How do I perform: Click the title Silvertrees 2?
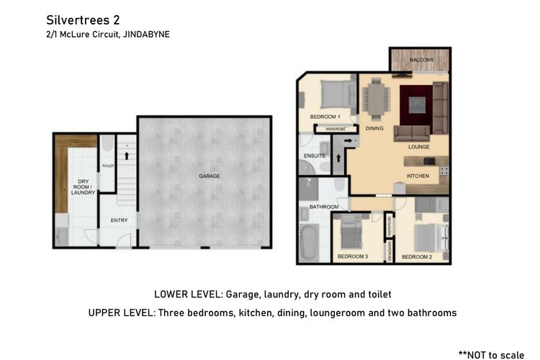[83, 20]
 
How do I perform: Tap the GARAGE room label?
[210, 176]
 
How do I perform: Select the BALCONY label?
[421, 60]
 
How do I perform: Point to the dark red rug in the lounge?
[416, 105]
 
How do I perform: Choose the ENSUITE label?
[315, 156]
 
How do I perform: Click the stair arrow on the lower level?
[127, 156]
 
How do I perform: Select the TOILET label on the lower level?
[108, 166]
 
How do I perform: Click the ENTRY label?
[119, 220]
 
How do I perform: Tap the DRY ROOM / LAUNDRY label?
[83, 186]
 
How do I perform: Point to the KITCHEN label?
[418, 176]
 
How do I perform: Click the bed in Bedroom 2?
[431, 238]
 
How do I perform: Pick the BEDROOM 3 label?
[353, 256]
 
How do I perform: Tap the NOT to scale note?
[492, 354]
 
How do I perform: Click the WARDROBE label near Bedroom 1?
[336, 129]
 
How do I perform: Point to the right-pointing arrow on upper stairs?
[348, 140]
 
